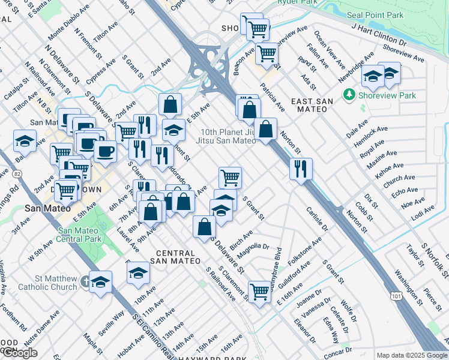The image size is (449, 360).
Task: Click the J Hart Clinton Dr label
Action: tap(379, 36)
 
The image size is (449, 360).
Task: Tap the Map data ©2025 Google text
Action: tap(412, 355)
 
